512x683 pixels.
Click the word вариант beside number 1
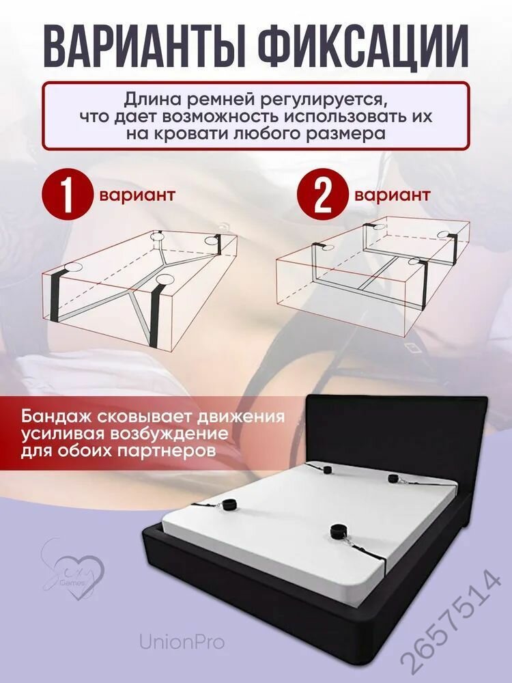click(x=137, y=195)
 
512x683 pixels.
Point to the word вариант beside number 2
click(x=393, y=195)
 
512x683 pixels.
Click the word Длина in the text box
click(x=153, y=100)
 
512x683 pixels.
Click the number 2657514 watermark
click(x=451, y=622)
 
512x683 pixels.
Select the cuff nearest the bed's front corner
click(x=337, y=532)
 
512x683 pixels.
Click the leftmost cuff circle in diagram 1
click(x=72, y=268)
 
